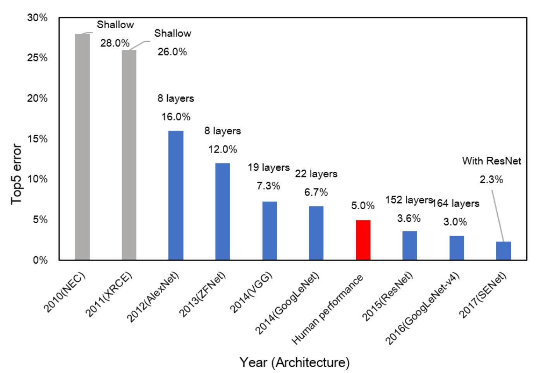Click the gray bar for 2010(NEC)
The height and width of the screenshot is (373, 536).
pyautogui.click(x=82, y=147)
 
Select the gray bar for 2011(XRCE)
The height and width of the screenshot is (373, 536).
pyautogui.click(x=129, y=155)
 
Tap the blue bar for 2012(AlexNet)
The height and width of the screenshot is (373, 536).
pyautogui.click(x=176, y=195)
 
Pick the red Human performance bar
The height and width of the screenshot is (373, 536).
pyautogui.click(x=363, y=240)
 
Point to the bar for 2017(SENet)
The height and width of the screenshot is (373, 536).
pyautogui.click(x=503, y=251)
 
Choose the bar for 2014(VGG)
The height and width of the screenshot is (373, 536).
pyautogui.click(x=270, y=231)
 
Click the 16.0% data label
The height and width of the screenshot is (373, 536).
pyautogui.click(x=176, y=117)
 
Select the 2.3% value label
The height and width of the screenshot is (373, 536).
pyautogui.click(x=491, y=180)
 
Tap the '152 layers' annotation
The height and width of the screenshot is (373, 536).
pyautogui.click(x=409, y=200)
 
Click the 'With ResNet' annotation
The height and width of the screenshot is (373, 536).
pyautogui.click(x=491, y=161)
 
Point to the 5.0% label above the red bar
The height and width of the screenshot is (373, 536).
pyautogui.click(x=363, y=206)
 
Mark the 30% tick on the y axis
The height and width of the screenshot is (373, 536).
pyautogui.click(x=38, y=18)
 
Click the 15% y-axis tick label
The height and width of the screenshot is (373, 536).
pyautogui.click(x=38, y=139)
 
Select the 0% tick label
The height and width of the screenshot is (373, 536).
pyautogui.click(x=40, y=260)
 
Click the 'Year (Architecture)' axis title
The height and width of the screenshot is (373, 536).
pyautogui.click(x=294, y=363)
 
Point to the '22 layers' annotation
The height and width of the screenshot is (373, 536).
pyautogui.click(x=316, y=174)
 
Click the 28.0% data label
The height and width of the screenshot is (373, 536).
pyautogui.click(x=115, y=43)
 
